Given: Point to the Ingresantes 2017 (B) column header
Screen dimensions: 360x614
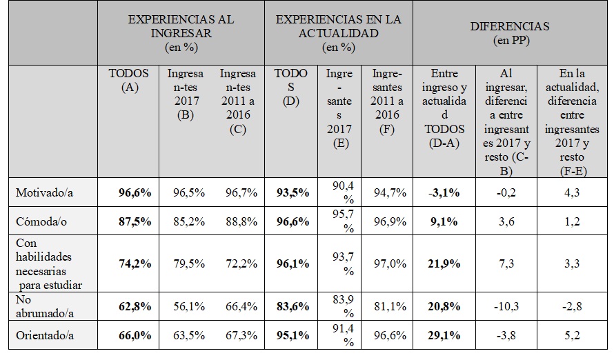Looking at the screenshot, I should [186, 94].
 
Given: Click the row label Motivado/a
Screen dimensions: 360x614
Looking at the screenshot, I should [44, 193].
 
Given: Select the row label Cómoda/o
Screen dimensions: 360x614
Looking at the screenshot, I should [41, 221].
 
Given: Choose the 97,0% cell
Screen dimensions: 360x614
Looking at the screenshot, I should [387, 264].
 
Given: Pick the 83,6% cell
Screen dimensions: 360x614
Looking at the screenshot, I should [291, 306].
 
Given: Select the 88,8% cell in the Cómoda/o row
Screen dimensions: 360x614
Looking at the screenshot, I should [239, 221].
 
